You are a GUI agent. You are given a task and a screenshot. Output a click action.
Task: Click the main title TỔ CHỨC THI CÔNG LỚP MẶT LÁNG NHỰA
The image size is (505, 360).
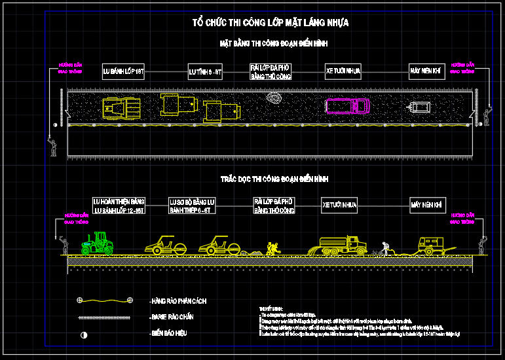point(270,23)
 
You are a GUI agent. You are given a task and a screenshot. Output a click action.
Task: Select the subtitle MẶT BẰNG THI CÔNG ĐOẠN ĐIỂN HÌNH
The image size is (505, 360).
point(273,44)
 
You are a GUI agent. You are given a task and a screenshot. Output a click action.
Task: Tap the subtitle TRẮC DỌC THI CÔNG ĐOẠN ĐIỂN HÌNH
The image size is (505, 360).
point(274,179)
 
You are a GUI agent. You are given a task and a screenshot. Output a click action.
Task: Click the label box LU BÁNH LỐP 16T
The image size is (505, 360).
point(123,71)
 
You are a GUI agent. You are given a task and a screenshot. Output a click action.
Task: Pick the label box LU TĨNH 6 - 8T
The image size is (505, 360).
point(205,71)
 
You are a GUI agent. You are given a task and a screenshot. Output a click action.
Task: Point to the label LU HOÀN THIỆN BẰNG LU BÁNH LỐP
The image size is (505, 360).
point(119,206)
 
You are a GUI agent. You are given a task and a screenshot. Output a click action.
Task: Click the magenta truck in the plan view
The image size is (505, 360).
point(347,105)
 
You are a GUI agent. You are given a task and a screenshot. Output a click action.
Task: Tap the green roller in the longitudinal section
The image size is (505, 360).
point(98,243)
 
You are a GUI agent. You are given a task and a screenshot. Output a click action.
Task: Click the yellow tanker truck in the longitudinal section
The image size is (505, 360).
point(341,245)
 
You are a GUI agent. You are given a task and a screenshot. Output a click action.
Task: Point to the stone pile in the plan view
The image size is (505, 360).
point(273,98)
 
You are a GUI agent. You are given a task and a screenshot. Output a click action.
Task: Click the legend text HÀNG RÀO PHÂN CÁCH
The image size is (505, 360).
point(179,301)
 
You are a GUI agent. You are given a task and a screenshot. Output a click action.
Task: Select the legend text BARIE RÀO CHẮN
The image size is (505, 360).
point(172,317)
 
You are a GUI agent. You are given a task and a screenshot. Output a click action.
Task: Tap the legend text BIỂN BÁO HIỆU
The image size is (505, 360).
point(169,334)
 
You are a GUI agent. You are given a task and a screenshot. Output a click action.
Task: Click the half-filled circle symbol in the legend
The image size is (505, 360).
point(83,334)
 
